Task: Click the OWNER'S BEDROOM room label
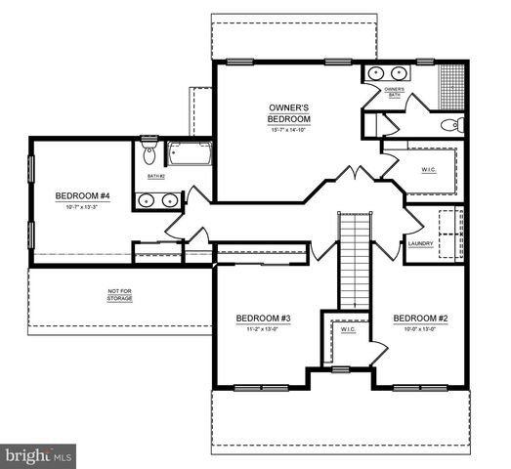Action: click(x=289, y=112)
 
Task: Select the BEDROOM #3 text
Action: click(x=263, y=319)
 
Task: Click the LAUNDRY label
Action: click(x=420, y=243)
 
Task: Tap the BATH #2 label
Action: click(x=156, y=177)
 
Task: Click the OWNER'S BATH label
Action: click(x=394, y=93)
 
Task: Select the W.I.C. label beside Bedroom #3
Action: click(x=348, y=330)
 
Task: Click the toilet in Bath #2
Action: click(x=149, y=152)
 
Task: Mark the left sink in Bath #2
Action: click(x=147, y=200)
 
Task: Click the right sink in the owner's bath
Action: click(x=400, y=72)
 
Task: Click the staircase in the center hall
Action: click(x=354, y=258)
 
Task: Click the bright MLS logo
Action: click(x=39, y=455)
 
